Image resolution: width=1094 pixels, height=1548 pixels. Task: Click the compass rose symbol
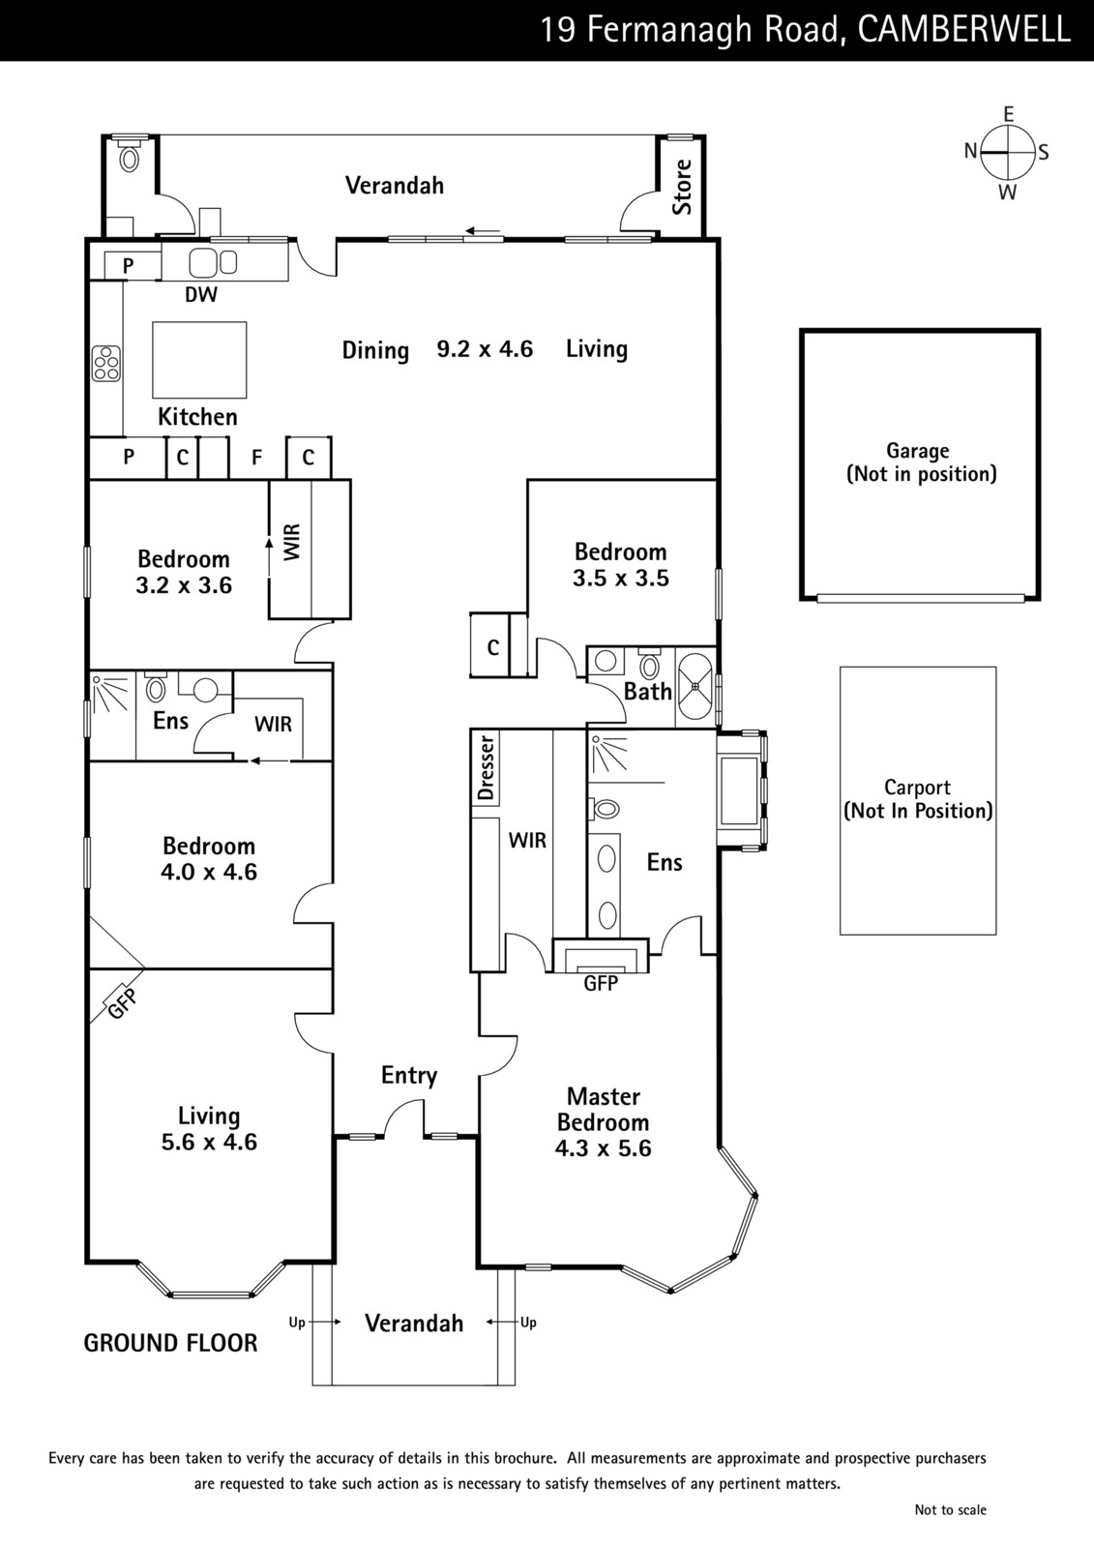pos(1008,152)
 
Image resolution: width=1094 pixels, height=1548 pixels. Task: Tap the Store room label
pos(682,187)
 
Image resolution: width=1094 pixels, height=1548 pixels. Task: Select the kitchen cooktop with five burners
pos(106,364)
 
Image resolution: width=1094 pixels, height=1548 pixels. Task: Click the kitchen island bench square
pos(199,359)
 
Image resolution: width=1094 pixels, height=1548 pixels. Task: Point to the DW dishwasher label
pos(201,295)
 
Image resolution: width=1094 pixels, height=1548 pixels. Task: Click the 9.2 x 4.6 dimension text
pos(486,349)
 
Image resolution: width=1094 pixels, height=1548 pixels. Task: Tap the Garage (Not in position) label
pos(921,462)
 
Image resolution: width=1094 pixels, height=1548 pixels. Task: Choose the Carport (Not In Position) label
pos(918,799)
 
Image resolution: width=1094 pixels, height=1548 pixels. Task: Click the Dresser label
pos(487,768)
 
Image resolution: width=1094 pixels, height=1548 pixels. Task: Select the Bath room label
pos(647,691)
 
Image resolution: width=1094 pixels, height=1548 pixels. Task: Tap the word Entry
pos(409,1076)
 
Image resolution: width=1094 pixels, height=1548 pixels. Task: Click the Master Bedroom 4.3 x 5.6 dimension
pos(604,1148)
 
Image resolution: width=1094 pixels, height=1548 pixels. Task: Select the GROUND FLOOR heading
pos(170,1343)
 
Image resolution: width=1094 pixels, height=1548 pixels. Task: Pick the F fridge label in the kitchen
pos(257,458)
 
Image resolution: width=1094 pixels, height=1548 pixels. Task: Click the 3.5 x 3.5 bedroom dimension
pos(621,579)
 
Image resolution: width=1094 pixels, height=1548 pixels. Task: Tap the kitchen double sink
pos(214,262)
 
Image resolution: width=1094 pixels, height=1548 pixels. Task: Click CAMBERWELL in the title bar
pos(963,30)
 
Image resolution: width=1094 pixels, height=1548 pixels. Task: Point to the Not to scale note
pos(950,1510)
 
